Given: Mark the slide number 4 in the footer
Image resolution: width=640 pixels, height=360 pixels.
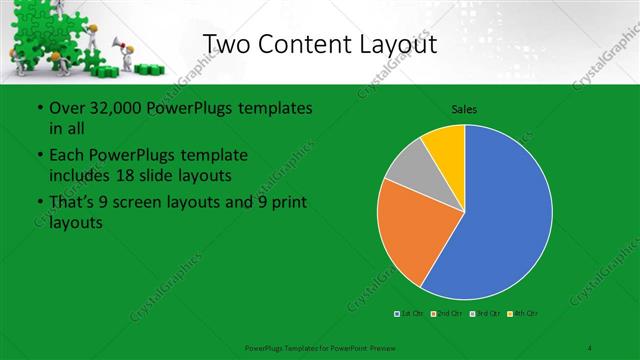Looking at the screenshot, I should [590, 347].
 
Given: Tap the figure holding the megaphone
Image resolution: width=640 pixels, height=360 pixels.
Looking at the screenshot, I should [127, 55].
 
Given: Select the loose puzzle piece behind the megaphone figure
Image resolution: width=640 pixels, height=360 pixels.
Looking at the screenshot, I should [151, 69].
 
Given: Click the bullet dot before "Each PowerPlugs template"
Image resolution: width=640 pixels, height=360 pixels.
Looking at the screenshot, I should [39, 156].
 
